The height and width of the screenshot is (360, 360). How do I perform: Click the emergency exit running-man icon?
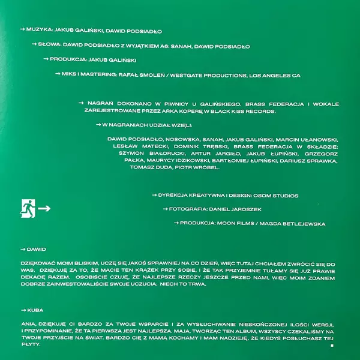point(28,208)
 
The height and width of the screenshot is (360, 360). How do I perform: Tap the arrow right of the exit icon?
point(44,209)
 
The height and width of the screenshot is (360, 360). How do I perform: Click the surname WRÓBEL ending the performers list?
point(205,167)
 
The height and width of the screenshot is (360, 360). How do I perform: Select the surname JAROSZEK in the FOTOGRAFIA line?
point(247,209)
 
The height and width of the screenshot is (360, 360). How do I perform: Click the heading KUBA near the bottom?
point(36,310)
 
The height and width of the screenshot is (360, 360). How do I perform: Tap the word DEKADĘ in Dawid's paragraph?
point(31,277)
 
